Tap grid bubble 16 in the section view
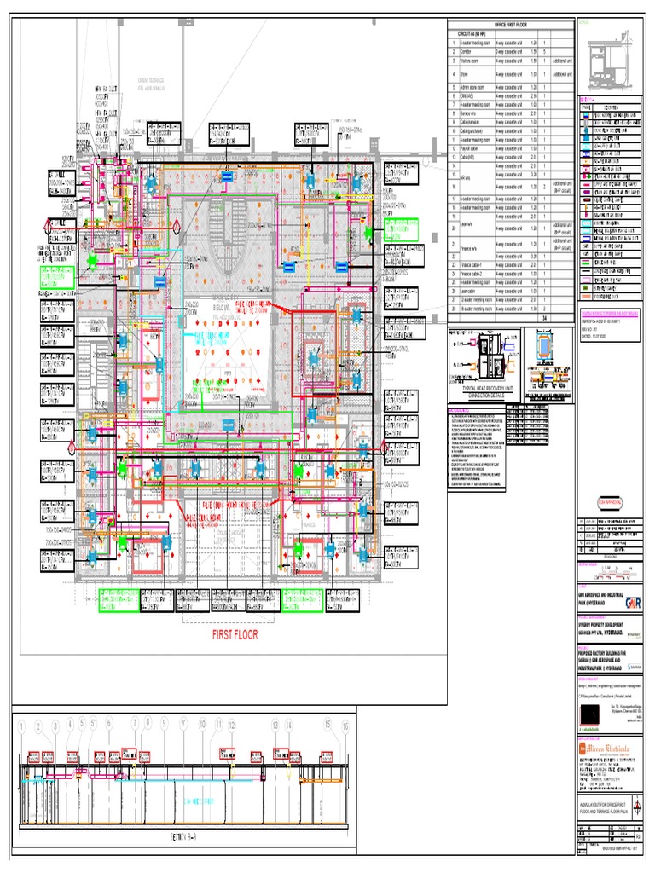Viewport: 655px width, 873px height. [345, 726]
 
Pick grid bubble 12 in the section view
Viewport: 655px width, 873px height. [232, 725]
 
